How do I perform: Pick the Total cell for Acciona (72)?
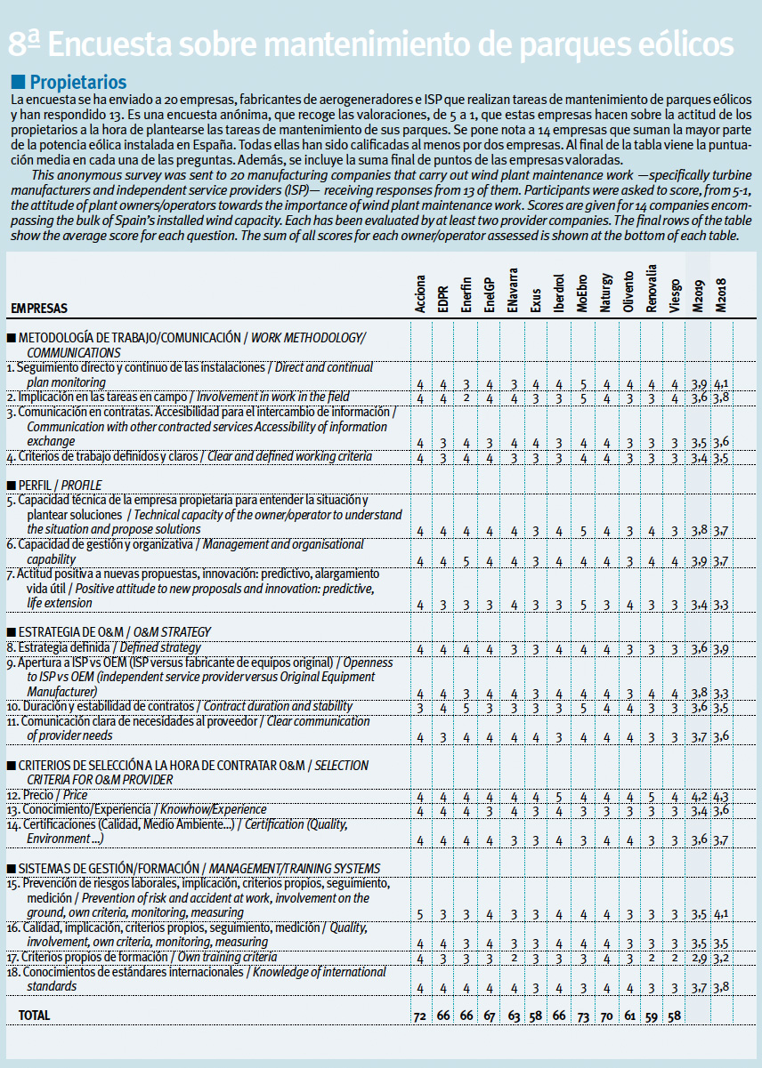(420, 1015)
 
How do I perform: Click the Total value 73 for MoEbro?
(582, 1015)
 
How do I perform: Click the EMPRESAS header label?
(39, 309)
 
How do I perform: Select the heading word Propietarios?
(78, 83)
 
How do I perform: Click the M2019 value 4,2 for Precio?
(699, 796)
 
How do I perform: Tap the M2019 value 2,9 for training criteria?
(699, 958)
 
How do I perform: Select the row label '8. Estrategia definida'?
(103, 647)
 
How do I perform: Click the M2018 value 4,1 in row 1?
(721, 383)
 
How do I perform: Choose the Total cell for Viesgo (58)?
(675, 1015)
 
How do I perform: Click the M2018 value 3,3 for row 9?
(721, 693)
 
